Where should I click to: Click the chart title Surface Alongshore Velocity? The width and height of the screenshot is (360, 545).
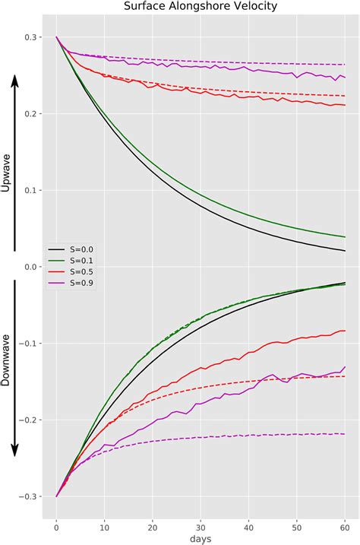click(x=201, y=7)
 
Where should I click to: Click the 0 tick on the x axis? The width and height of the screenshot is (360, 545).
click(x=56, y=524)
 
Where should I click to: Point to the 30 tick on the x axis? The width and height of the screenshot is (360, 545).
click(x=201, y=524)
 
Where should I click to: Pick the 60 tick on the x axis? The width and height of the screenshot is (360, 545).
click(x=345, y=524)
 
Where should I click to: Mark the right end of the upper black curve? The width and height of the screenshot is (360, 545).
click(x=345, y=251)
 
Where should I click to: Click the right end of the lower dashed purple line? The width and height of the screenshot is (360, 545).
click(x=345, y=434)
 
